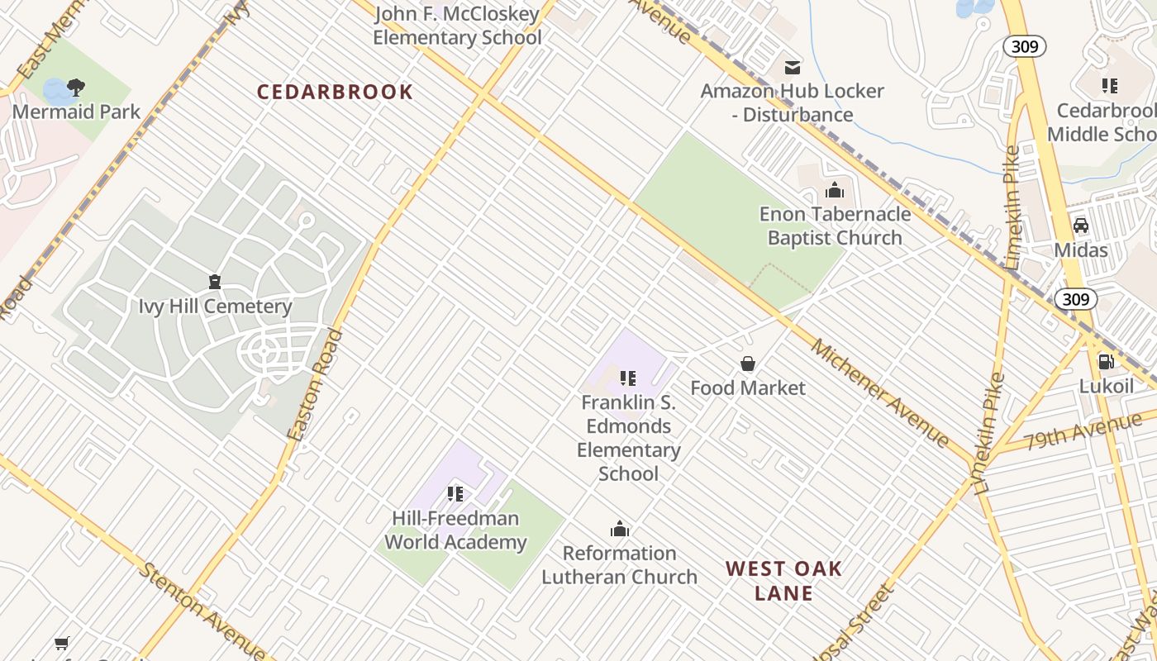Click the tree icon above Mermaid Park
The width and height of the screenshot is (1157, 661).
(76, 87)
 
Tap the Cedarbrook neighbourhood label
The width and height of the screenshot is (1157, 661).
(335, 92)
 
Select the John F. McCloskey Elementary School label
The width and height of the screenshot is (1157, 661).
(457, 26)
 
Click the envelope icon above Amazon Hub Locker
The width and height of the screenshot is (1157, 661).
(793, 67)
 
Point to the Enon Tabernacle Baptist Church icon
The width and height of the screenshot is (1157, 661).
(835, 191)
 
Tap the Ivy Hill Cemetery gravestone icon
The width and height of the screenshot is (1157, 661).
(215, 283)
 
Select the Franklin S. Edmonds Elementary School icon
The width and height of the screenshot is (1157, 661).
(628, 378)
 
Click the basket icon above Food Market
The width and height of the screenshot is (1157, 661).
(748, 364)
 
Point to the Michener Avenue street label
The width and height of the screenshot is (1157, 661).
(879, 392)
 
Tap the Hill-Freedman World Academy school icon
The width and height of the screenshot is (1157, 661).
(455, 494)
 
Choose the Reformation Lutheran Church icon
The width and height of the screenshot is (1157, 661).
(620, 530)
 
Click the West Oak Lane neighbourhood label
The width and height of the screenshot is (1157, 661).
(783, 580)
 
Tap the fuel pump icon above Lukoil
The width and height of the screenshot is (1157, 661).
(1106, 361)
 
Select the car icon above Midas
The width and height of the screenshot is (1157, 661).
(1080, 226)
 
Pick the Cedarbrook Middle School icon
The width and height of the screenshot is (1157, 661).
(1109, 85)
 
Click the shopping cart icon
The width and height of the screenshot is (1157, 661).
(62, 643)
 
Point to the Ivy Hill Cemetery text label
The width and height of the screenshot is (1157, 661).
(215, 307)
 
